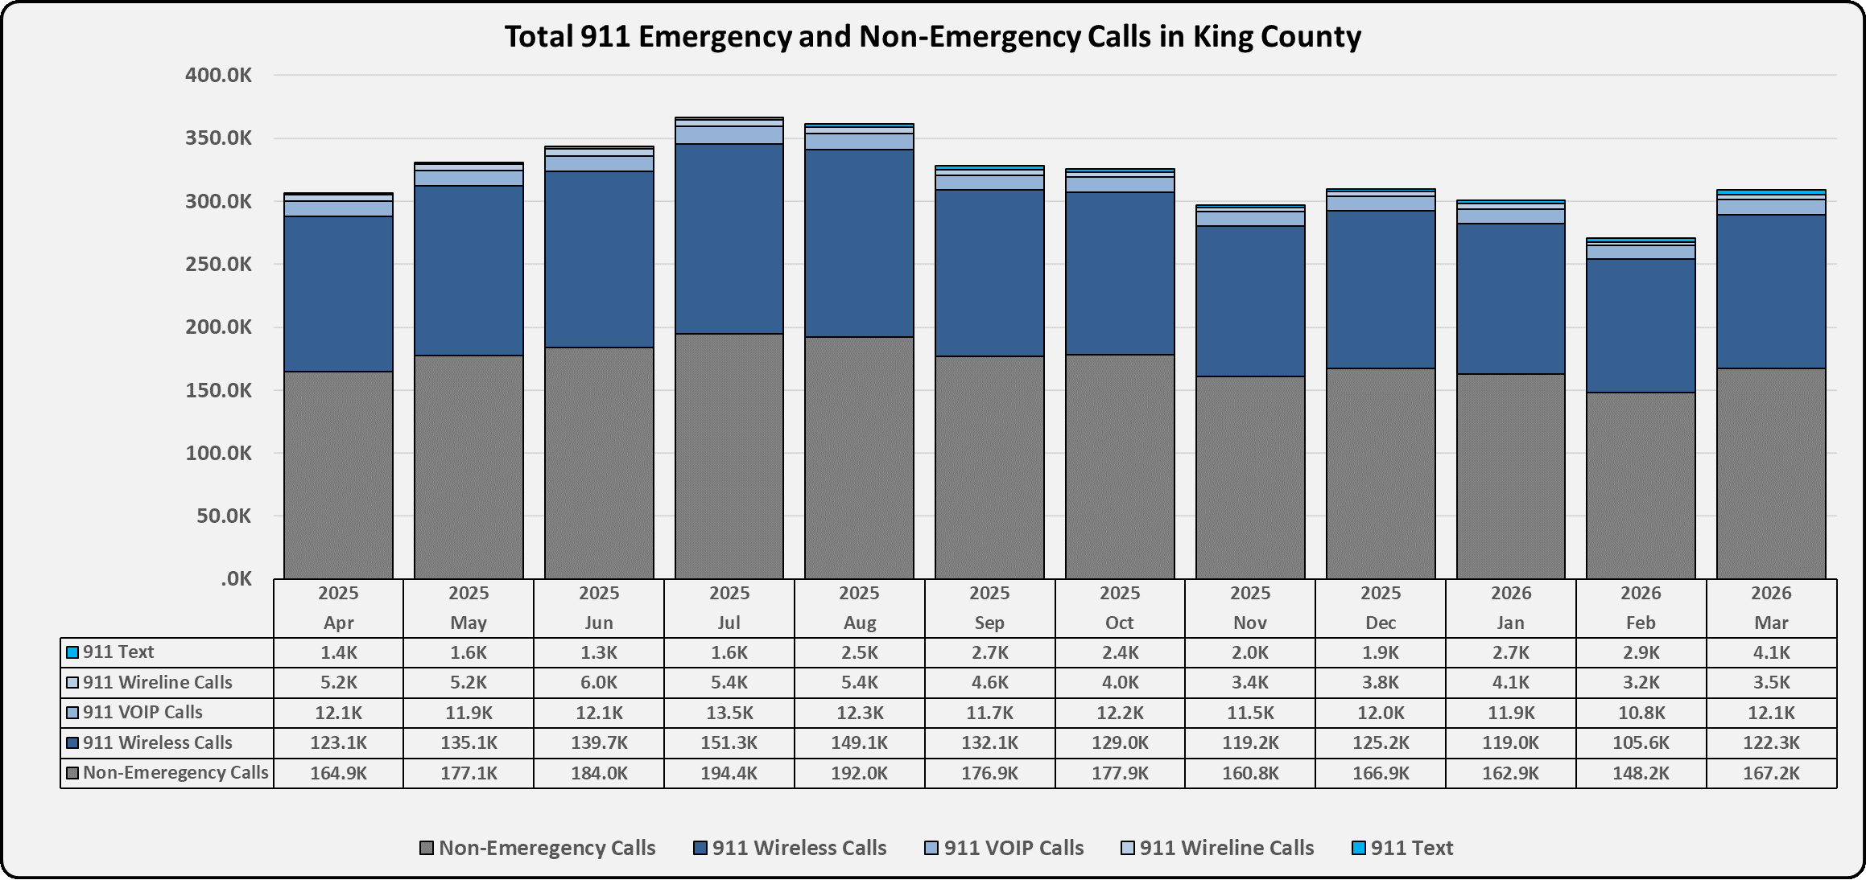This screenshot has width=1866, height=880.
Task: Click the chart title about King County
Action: point(932,37)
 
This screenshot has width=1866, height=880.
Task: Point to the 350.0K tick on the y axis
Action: point(218,138)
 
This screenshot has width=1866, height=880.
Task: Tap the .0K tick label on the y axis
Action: point(236,579)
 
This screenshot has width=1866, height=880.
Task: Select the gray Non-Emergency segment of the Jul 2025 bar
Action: point(729,456)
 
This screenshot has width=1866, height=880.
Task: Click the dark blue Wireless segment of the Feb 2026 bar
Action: point(1641,326)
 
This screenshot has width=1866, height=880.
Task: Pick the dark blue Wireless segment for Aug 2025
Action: point(859,243)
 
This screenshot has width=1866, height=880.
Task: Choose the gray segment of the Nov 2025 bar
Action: point(1250,477)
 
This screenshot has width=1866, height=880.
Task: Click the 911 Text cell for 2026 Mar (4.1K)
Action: point(1771,652)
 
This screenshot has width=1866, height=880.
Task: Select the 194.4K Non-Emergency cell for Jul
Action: point(729,773)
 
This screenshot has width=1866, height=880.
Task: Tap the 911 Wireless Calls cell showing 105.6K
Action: point(1641,742)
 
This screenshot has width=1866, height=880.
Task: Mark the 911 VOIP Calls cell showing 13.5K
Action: point(729,713)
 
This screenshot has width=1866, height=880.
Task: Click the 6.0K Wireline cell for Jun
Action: point(598,682)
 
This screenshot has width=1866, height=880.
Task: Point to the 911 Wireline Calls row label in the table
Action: point(157,682)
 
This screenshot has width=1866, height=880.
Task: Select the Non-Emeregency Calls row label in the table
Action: point(175,773)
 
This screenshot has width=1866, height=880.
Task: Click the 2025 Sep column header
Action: point(989,608)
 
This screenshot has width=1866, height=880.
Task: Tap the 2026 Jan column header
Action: point(1510,608)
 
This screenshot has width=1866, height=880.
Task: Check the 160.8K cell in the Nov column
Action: point(1250,773)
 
